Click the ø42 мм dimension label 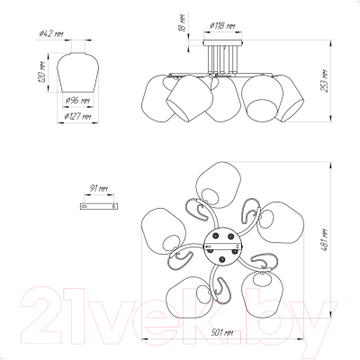click(51, 33)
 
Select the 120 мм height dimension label click(42, 72)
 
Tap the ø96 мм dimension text click(77, 101)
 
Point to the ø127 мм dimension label click(77, 116)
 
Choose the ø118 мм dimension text click(222, 26)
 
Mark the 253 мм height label click(324, 81)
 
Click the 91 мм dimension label click(99, 188)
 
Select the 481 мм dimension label click(324, 240)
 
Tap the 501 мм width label click(222, 332)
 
